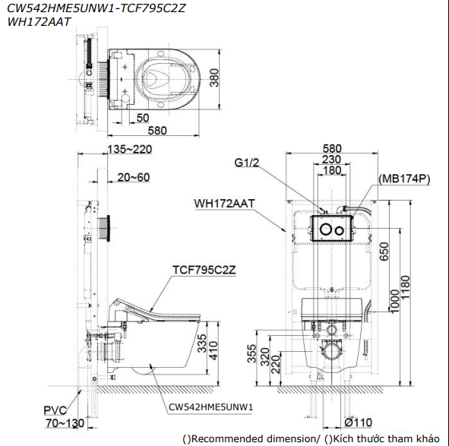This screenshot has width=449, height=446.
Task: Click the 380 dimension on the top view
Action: coord(214,77)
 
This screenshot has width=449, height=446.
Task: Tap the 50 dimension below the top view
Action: coord(143,118)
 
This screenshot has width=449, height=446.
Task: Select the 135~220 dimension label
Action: coord(130,149)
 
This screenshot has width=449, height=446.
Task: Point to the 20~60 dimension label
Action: coord(134,177)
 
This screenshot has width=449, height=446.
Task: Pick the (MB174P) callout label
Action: coord(404,179)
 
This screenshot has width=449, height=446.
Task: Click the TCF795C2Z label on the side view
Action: coord(204,270)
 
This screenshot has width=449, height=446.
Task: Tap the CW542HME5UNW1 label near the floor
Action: coord(210,407)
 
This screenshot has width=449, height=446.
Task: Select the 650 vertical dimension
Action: coord(384,251)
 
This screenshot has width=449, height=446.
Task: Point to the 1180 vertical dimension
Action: coord(405,288)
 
